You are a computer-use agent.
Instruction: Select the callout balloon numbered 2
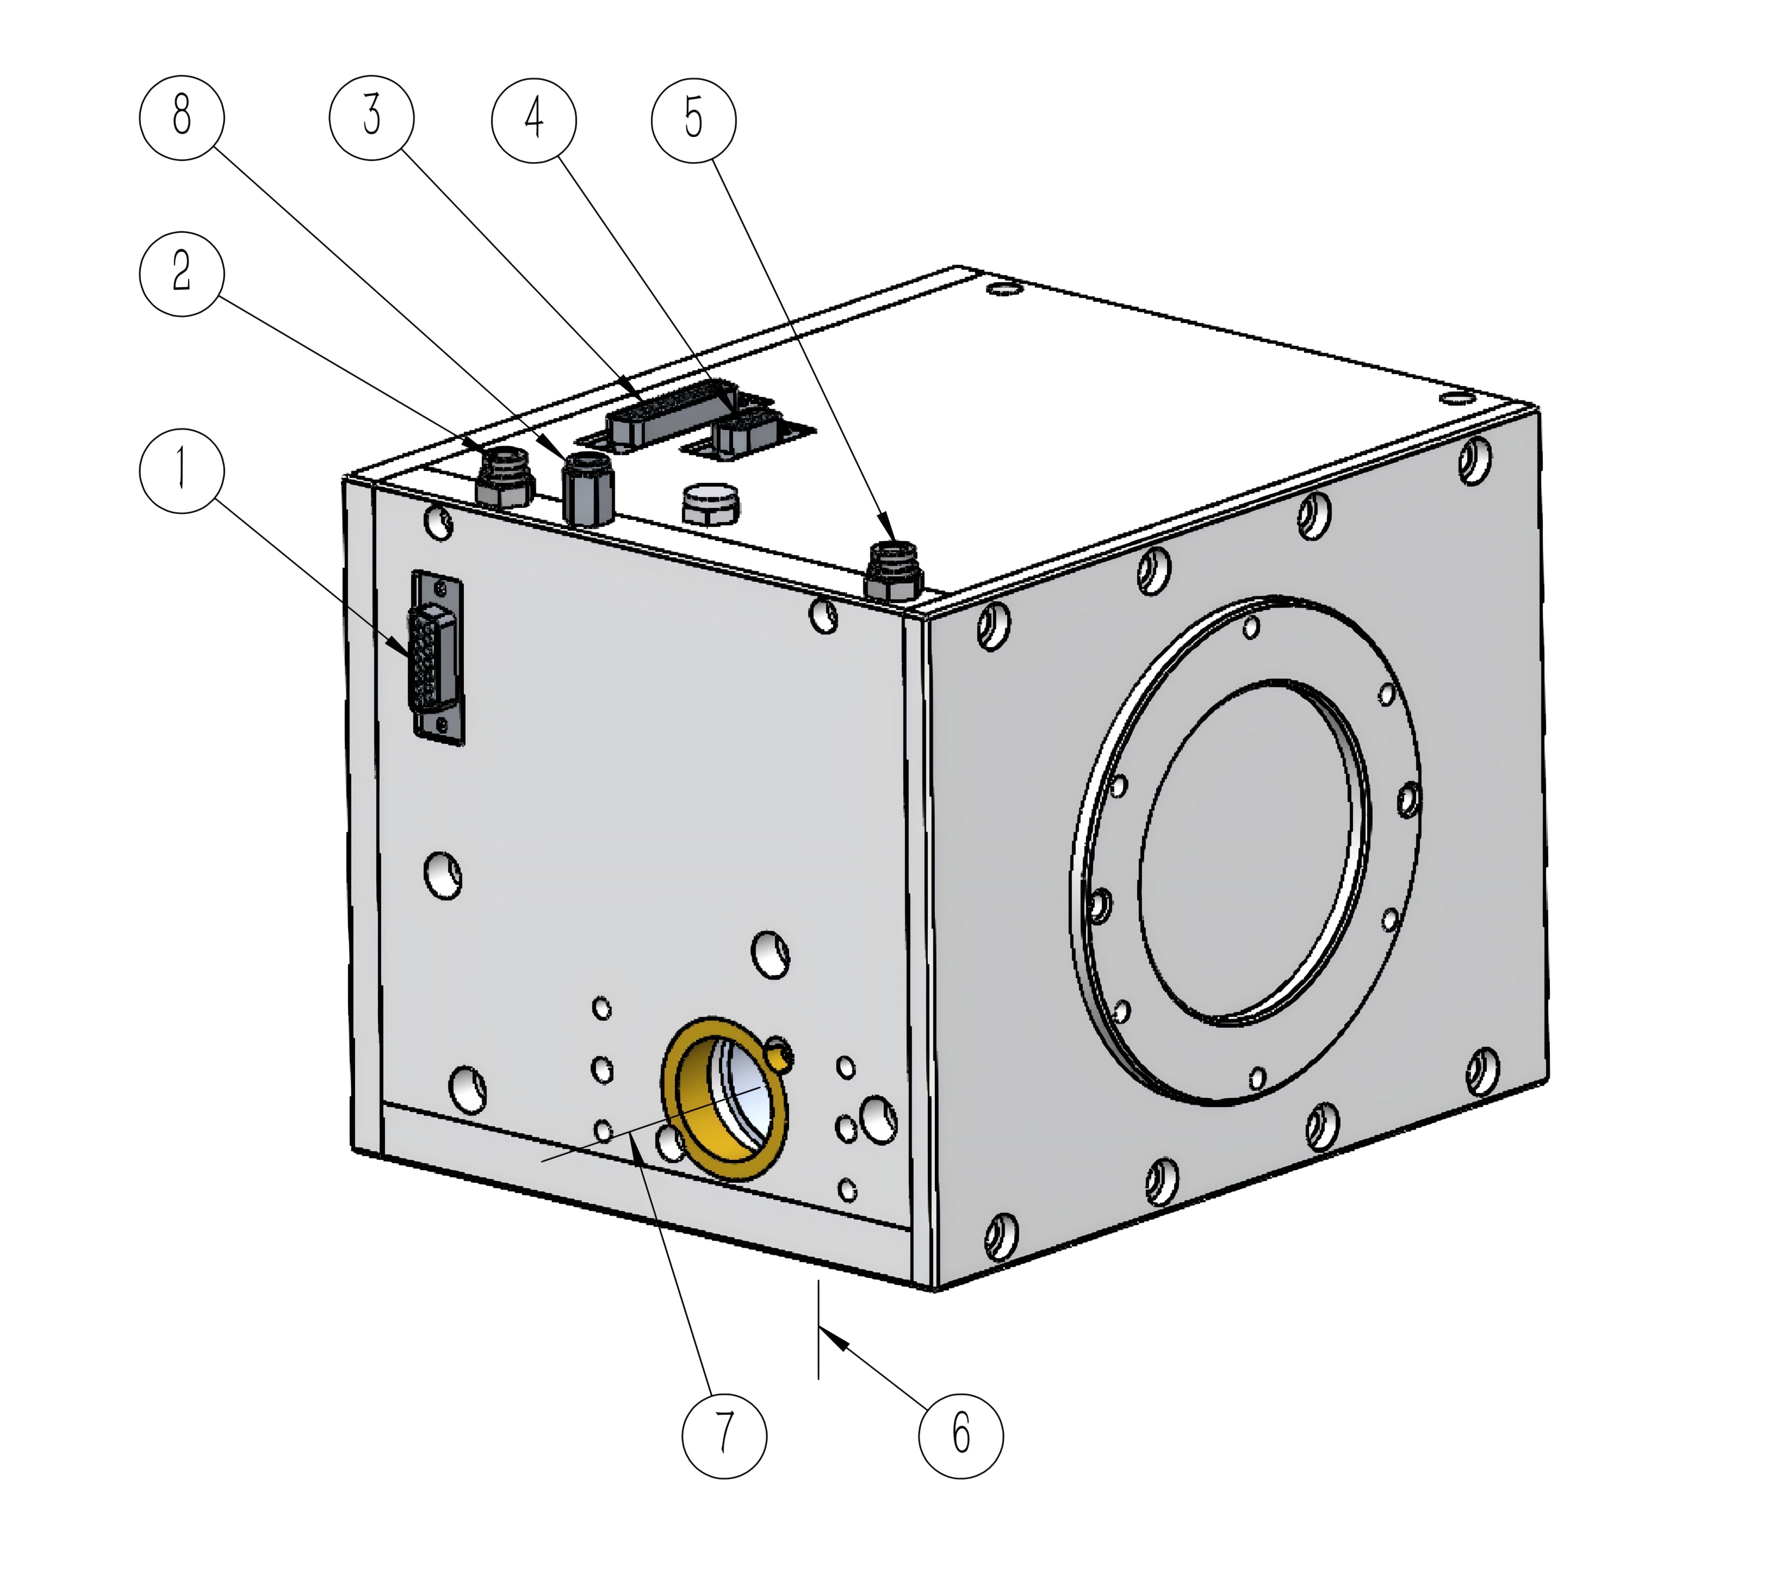(x=182, y=274)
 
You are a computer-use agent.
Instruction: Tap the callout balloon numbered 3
(x=372, y=117)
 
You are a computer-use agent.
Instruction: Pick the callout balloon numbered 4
(x=533, y=120)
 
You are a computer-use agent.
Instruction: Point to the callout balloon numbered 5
(x=694, y=120)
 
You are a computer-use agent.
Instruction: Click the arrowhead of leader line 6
(x=832, y=1337)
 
